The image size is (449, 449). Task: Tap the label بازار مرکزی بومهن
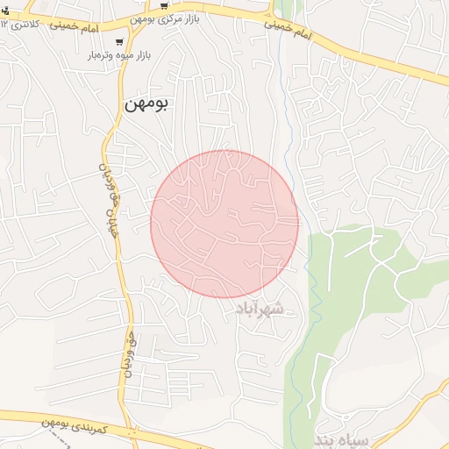[x=207, y=18]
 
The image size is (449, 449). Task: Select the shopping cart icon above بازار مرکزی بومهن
[x=163, y=6]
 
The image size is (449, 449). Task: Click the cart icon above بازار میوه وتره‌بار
[x=119, y=40]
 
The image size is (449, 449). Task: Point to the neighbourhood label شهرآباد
[x=261, y=309]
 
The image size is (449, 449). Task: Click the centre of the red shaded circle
[x=224, y=224]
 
